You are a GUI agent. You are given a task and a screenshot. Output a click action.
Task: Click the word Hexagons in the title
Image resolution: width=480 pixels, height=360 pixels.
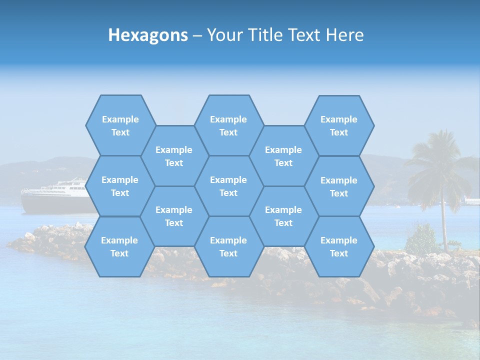[x=148, y=35]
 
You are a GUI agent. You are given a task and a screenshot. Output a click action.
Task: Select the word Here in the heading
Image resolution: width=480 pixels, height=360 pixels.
[x=344, y=35]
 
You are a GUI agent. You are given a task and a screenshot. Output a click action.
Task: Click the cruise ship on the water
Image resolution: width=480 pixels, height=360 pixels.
[x=55, y=195]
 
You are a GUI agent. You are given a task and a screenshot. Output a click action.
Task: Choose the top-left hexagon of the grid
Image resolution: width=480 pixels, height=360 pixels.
[x=120, y=125]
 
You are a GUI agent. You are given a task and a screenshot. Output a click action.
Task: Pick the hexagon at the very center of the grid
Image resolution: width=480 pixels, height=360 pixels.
[x=228, y=186]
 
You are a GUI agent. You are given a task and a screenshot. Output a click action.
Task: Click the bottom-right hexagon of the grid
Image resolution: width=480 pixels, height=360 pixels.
[x=339, y=246]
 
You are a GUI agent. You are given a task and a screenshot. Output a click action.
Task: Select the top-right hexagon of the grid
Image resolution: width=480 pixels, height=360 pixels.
[x=339, y=125]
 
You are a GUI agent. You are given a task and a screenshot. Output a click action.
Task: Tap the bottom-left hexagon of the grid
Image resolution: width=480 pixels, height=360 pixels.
[x=119, y=246]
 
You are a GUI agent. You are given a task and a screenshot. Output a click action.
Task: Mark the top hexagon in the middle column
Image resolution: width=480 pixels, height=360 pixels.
[x=228, y=125]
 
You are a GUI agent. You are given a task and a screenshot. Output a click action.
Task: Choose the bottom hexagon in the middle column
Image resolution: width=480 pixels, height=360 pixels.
[x=228, y=246]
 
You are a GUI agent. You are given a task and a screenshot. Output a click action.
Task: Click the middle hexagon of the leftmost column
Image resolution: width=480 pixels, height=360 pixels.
[x=120, y=186]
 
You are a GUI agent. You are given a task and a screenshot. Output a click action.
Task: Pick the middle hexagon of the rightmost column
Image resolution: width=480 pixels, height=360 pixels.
[x=339, y=186]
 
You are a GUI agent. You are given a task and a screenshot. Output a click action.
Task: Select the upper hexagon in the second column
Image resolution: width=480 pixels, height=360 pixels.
[x=174, y=156]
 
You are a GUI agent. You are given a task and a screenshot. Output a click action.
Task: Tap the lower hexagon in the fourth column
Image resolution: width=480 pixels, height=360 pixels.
[x=283, y=216]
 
